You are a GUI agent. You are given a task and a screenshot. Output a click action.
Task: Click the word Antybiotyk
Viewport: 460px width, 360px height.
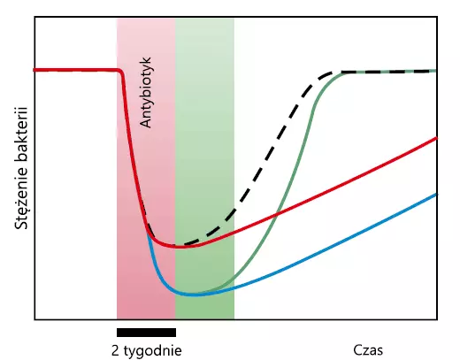pos(145,93)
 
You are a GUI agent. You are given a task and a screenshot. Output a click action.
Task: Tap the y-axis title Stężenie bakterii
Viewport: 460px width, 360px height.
pos(21,168)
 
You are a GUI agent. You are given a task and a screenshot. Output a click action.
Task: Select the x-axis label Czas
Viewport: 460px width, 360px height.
pos(368,350)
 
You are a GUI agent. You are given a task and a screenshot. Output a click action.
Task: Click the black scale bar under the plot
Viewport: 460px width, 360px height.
pos(146,333)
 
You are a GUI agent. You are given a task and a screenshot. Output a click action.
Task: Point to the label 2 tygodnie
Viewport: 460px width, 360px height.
pos(147,351)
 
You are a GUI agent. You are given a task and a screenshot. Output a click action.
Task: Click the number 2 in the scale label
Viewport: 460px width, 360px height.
pos(115,350)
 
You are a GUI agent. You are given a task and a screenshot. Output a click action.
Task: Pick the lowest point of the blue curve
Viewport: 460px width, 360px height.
pos(193,295)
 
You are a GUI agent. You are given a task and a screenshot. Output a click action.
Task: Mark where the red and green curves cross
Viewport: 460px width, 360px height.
pos(277,213)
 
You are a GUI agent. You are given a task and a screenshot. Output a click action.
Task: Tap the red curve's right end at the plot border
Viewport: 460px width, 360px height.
pos(436,138)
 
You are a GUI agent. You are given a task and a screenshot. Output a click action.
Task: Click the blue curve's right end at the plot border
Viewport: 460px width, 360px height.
pos(436,194)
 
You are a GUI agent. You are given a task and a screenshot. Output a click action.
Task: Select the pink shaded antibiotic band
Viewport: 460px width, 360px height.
pos(146,168)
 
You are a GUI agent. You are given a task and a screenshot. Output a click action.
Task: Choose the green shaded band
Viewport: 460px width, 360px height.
pos(205,168)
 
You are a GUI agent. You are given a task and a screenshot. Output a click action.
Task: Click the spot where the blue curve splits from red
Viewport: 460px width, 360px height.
pos(148,233)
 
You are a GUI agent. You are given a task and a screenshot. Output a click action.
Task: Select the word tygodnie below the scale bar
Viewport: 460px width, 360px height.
pos(153,351)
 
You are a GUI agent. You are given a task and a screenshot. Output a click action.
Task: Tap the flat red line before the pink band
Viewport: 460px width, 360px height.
pos(75,70)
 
